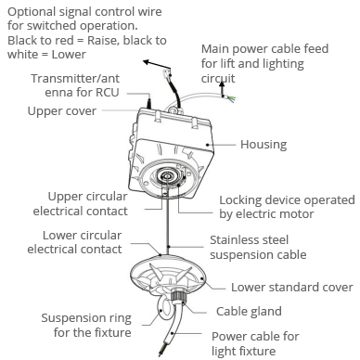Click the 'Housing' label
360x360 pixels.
point(264,145)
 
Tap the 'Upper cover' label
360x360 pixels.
point(62,111)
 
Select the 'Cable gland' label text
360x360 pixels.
point(249,312)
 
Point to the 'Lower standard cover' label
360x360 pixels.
point(292,288)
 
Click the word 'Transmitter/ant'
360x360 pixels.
point(75,79)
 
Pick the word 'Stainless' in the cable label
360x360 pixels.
point(236,240)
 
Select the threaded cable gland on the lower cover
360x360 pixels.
point(178,296)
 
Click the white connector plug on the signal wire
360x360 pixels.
point(167,74)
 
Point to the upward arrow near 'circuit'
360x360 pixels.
point(222,88)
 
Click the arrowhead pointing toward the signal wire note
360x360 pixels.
point(146,62)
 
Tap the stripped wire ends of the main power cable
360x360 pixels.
point(230,98)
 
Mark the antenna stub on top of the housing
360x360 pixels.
point(149,102)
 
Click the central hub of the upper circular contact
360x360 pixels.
point(167,176)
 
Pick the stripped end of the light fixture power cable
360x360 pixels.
point(161,351)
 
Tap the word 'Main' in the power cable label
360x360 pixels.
point(215,49)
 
